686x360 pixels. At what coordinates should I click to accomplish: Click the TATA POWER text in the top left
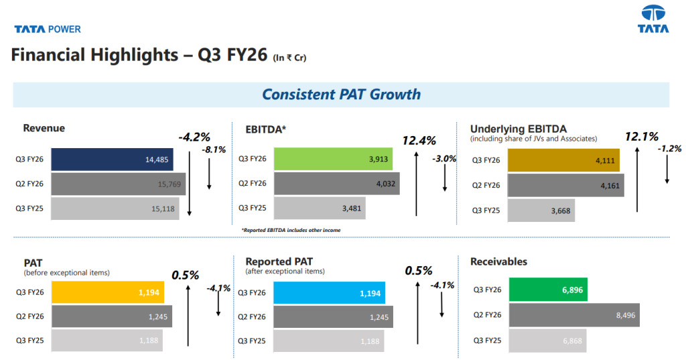click(x=48, y=29)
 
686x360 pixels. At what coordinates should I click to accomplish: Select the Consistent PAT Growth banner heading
click(x=341, y=95)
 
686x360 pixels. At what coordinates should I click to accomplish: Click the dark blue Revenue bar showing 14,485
click(x=112, y=160)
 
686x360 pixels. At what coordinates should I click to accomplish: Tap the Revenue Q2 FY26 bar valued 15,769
click(x=118, y=184)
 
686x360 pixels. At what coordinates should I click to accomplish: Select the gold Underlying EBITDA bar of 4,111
click(x=563, y=160)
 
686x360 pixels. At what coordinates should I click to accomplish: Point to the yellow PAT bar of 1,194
click(x=107, y=292)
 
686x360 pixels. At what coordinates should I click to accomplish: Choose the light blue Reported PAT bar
click(x=329, y=293)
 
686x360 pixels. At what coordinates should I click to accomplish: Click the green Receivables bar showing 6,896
click(x=548, y=290)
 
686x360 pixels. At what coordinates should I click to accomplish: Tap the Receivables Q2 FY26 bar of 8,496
click(x=572, y=314)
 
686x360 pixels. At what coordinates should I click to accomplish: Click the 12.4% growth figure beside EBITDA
click(x=419, y=141)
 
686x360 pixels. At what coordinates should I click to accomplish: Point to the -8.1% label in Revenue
click(x=214, y=149)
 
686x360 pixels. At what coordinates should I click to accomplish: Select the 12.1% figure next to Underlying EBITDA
click(x=641, y=137)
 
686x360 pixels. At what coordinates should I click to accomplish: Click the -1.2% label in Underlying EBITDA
click(x=669, y=149)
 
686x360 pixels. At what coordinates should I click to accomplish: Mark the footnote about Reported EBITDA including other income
click(x=291, y=231)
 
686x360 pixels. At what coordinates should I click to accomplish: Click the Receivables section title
click(x=498, y=261)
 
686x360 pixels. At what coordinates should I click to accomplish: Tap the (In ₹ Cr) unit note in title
click(x=289, y=58)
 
